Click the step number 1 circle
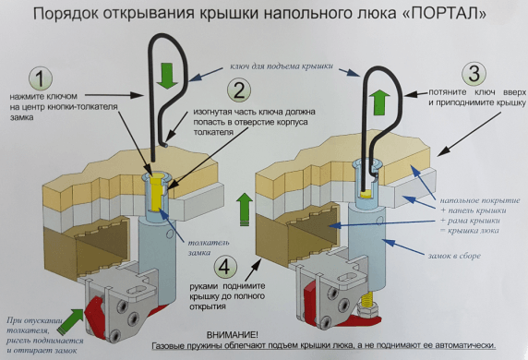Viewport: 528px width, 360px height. (41, 78)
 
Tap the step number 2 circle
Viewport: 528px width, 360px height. (239, 90)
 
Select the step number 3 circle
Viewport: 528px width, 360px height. (474, 74)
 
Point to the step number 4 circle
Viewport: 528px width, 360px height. (225, 268)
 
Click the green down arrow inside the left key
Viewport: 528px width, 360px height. (167, 76)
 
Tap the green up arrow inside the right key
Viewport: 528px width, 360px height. (379, 102)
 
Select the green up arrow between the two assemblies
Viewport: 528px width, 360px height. (244, 210)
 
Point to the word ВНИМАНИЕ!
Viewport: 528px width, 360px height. (233, 335)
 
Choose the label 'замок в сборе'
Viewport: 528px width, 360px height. (454, 256)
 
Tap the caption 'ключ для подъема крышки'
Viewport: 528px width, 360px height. (282, 66)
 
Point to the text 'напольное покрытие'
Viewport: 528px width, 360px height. (480, 200)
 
